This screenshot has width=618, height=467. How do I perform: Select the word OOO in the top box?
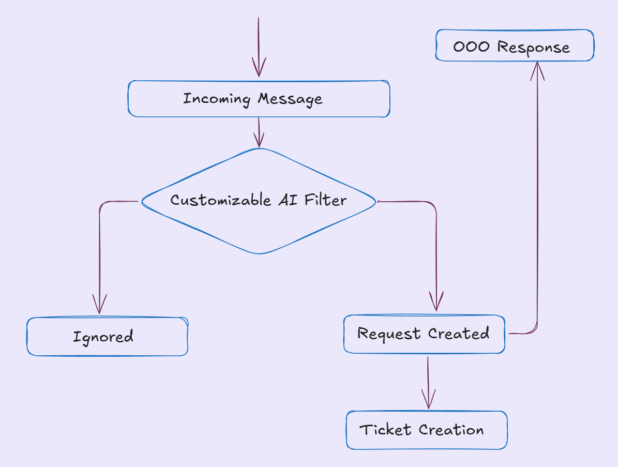click(471, 47)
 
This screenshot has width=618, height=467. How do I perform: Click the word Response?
click(534, 48)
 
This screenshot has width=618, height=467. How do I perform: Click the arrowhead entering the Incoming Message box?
click(259, 68)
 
